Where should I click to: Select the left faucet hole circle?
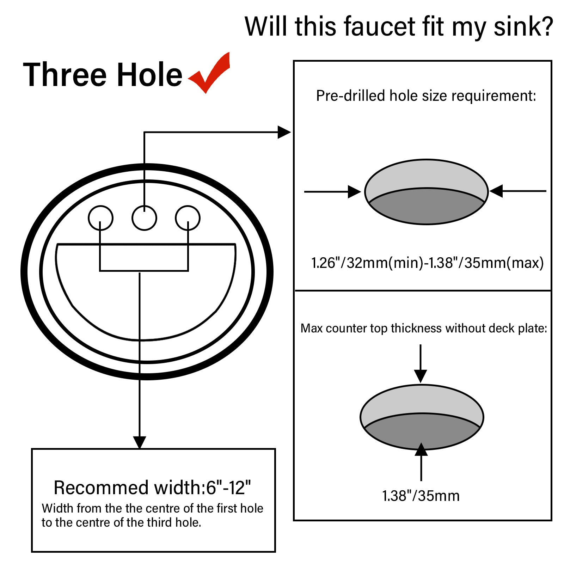(100, 218)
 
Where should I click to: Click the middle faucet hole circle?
(144, 218)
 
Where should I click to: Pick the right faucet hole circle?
(188, 218)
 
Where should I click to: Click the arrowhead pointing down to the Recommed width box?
(140, 442)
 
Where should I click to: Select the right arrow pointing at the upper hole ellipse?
(497, 191)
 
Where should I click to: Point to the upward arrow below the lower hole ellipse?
(421, 450)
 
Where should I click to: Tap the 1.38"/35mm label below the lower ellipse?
(421, 496)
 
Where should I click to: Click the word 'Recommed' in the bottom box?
(101, 488)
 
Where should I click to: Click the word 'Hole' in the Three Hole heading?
(149, 75)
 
